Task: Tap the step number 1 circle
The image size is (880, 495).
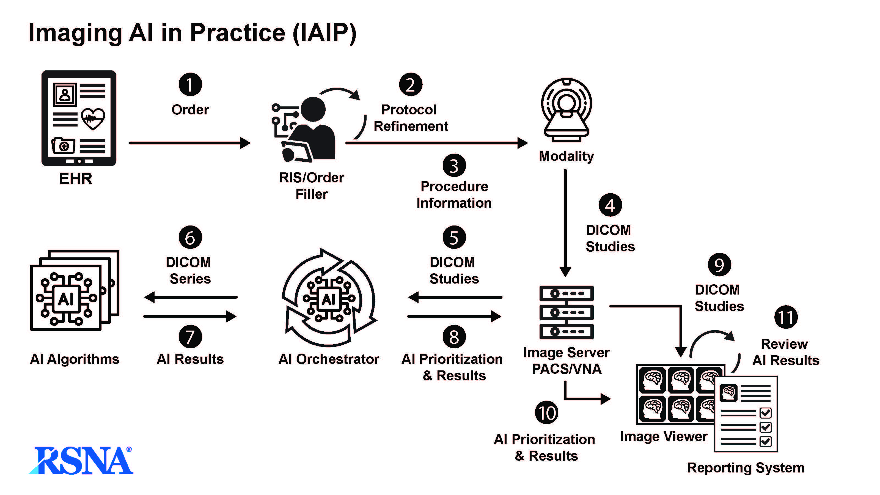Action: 190,84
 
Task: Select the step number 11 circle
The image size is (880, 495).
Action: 786,317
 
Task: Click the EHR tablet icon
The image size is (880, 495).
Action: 79,118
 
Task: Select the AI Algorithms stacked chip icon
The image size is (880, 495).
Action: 75,290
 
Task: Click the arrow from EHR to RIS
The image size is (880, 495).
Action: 189,143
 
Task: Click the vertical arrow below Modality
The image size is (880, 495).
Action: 565,222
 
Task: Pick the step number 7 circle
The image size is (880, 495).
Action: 190,337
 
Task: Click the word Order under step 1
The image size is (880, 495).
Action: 190,110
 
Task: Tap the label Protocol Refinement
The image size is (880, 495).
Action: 411,118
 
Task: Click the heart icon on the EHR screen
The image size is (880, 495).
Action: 93,119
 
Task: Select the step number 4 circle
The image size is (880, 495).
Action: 610,205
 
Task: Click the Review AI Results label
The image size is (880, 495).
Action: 785,352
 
